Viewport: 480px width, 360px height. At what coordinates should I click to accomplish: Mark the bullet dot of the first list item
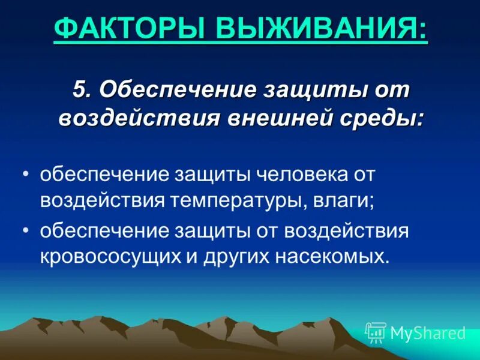pyautogui.click(x=26, y=175)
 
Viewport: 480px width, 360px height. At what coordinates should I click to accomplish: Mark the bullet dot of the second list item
pyautogui.click(x=26, y=230)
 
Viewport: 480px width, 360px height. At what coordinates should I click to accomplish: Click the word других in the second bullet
pyautogui.click(x=232, y=257)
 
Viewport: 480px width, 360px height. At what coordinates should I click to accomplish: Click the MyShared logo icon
pyautogui.click(x=376, y=332)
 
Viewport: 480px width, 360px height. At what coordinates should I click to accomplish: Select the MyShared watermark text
pyautogui.click(x=428, y=333)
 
